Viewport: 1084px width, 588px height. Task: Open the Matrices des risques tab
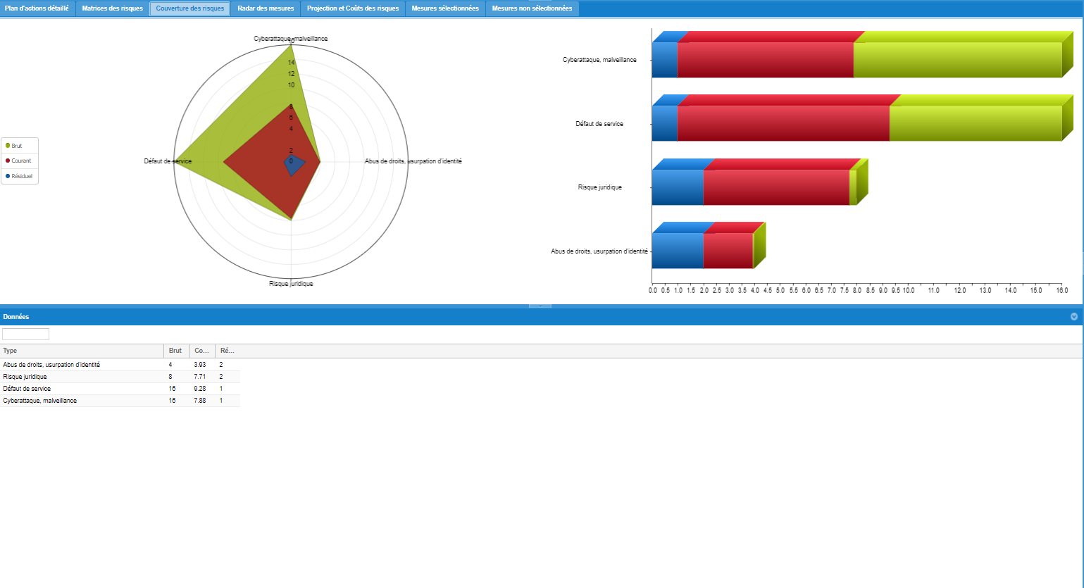click(x=112, y=8)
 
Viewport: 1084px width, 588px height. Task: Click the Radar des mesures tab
click(x=266, y=8)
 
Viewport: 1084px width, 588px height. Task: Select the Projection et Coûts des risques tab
click(x=353, y=8)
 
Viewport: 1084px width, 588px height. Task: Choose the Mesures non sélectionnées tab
click(x=532, y=8)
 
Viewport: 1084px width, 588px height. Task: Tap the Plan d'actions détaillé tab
click(x=37, y=8)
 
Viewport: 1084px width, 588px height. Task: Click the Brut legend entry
click(x=16, y=146)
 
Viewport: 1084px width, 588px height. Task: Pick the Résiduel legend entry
click(x=21, y=176)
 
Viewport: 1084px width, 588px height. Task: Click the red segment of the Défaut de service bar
click(x=782, y=123)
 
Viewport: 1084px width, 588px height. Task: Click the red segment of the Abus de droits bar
click(x=728, y=251)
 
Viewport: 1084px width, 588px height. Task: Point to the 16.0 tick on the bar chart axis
click(x=1061, y=290)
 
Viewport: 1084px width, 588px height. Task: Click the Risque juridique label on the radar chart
click(x=291, y=284)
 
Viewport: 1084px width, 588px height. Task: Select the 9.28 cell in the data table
click(x=200, y=389)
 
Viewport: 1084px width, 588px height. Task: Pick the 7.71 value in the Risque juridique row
click(x=200, y=377)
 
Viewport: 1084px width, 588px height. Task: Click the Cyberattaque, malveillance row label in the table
click(x=40, y=401)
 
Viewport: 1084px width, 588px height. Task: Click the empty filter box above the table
click(x=26, y=334)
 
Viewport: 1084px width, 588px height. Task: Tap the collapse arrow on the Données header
click(x=1074, y=317)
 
